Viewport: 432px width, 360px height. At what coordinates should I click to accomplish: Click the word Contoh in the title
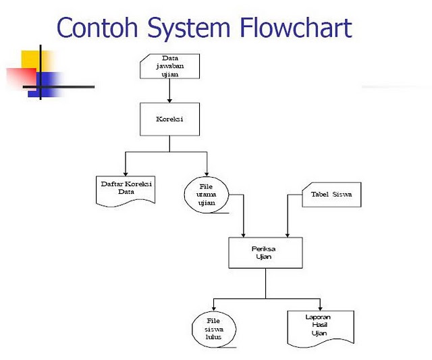click(x=97, y=27)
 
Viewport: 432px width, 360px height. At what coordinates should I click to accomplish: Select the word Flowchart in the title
click(x=296, y=27)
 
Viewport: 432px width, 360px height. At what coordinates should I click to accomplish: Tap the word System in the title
click(x=189, y=29)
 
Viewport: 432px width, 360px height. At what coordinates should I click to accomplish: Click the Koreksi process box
click(x=169, y=119)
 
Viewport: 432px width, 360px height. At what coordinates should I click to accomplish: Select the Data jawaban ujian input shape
click(x=169, y=66)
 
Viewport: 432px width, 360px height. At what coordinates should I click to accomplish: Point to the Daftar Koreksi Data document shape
click(x=126, y=190)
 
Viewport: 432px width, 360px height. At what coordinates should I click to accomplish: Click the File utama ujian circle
click(x=207, y=195)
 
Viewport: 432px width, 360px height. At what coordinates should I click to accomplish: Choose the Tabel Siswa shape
click(x=331, y=195)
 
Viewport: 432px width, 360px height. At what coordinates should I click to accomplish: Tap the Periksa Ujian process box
click(x=265, y=253)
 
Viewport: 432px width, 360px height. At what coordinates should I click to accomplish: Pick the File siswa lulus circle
click(x=214, y=329)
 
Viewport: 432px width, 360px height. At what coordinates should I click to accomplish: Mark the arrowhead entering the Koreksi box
click(x=169, y=101)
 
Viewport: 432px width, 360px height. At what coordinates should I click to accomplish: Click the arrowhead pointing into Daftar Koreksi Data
click(x=126, y=174)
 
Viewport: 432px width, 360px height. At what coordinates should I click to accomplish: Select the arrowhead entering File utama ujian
click(x=207, y=174)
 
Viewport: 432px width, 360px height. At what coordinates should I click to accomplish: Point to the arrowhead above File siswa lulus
click(x=214, y=309)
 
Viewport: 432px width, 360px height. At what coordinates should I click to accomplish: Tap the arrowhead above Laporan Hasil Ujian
click(x=320, y=309)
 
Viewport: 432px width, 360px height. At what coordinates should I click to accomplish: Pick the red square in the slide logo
click(x=22, y=79)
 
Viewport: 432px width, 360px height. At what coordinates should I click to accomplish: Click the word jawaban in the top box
click(x=170, y=66)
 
